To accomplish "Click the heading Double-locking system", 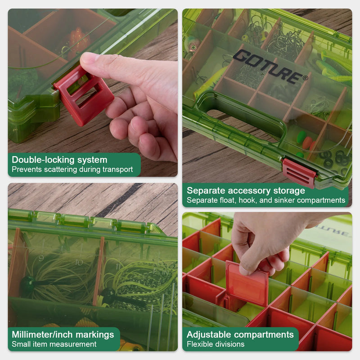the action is tap(59, 160).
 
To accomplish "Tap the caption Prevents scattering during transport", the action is tap(72, 170).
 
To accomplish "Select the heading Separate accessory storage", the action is tap(246, 190).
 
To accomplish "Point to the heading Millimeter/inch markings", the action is tap(63, 335).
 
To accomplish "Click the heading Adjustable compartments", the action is tap(240, 334).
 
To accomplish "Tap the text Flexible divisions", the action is tap(216, 344).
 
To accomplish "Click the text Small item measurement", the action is tap(54, 344).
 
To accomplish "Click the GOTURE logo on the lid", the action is tap(270, 67).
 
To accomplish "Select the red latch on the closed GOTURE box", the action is tap(299, 173).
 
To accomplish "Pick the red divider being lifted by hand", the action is tap(247, 283).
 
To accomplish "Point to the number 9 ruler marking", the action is tap(41, 258).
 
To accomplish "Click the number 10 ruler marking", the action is tap(79, 262).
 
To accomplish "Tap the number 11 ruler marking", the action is tap(118, 266).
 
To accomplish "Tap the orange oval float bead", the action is tap(307, 143).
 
